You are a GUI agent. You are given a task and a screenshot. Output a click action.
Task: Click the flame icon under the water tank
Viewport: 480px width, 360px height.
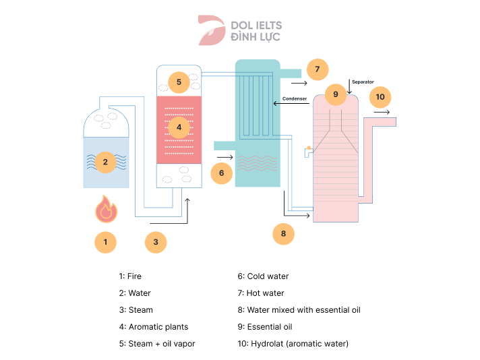coord(106,210)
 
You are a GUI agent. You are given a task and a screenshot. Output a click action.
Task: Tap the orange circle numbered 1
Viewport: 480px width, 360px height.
coord(105,241)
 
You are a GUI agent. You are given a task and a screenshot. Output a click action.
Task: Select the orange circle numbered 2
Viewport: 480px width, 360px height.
coord(105,162)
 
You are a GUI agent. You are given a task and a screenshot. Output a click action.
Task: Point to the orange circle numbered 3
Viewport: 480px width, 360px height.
coord(156,242)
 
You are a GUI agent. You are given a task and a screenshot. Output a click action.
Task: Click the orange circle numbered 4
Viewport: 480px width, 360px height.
coord(179,126)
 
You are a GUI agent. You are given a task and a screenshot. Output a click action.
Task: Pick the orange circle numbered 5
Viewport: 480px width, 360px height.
coord(179,83)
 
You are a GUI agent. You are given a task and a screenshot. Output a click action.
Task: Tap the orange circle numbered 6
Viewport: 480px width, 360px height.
coord(221,173)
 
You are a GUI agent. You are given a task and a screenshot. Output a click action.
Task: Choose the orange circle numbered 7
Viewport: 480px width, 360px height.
coord(317,69)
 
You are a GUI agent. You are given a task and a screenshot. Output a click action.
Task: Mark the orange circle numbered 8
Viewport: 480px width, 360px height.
coord(283,234)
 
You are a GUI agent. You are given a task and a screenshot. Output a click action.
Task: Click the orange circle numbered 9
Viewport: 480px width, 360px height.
coord(335,94)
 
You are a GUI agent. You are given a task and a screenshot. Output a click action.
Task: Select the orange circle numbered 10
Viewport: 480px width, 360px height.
coord(380,97)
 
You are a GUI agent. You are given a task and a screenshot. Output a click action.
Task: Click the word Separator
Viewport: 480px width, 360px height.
coord(363,82)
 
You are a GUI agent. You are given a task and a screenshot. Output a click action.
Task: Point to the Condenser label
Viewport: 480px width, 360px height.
coord(295,98)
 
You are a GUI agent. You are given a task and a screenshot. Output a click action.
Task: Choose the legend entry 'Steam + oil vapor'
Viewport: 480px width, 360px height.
coord(161,344)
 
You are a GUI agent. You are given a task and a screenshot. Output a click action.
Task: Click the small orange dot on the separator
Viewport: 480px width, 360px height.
coord(308,147)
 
